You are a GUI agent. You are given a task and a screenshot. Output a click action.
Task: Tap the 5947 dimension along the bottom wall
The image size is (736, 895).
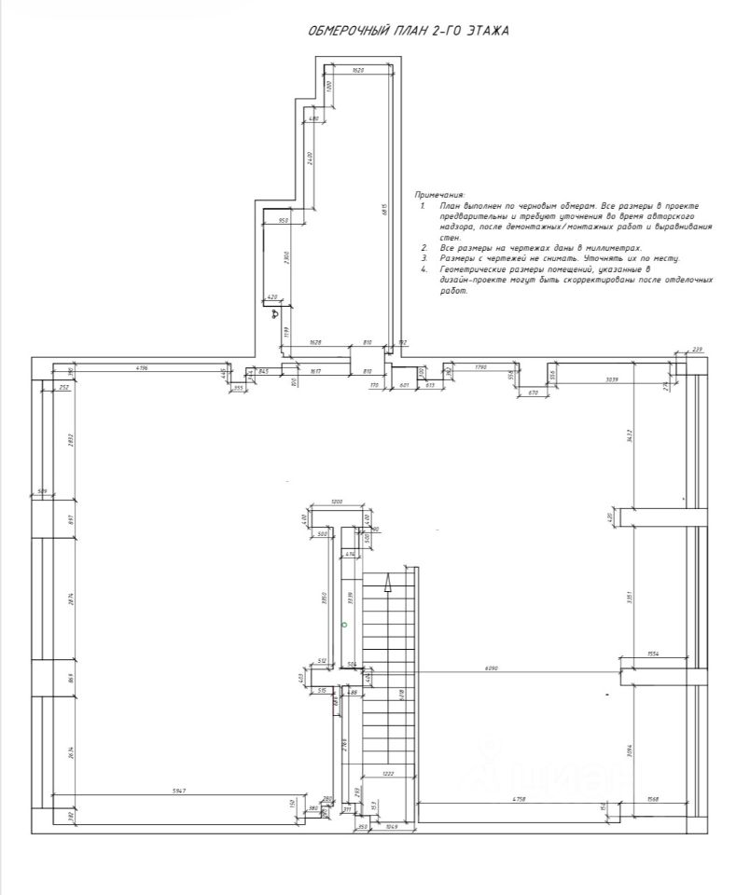[x=179, y=790]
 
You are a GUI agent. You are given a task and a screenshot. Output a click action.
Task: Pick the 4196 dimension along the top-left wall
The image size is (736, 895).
[x=142, y=368]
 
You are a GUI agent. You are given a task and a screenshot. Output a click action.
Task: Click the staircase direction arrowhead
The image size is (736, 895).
[x=388, y=584]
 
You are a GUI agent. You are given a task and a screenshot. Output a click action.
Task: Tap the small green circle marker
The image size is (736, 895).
[x=344, y=624]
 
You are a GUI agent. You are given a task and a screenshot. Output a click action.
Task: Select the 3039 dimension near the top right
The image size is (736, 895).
[x=611, y=379]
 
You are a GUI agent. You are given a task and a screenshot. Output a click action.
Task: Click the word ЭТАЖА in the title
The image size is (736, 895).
[x=484, y=31]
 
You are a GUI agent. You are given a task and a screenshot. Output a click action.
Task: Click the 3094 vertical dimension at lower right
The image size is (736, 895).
[x=632, y=743]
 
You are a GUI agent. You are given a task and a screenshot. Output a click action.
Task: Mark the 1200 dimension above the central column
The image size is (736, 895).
[x=337, y=503]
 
